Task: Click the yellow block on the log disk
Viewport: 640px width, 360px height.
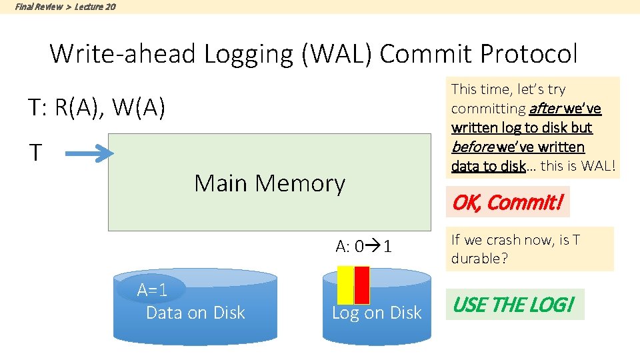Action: (345, 285)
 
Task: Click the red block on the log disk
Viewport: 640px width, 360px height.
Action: (361, 285)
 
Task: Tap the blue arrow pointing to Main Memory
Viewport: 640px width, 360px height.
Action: (89, 153)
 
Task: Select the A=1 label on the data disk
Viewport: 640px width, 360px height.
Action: (152, 290)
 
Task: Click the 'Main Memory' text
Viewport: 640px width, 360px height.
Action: (269, 183)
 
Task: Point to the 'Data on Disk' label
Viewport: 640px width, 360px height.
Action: (195, 313)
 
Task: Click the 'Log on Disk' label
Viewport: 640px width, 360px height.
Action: (376, 313)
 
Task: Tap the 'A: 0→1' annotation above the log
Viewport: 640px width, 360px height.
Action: (364, 246)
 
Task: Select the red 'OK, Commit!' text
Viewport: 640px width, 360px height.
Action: (508, 202)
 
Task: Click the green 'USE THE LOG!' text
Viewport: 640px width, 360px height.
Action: (514, 305)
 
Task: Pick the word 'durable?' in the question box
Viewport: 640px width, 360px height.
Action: (479, 259)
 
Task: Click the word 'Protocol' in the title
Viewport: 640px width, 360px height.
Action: (529, 53)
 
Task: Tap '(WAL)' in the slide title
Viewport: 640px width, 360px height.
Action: (337, 54)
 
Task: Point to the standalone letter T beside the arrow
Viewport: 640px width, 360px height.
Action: (35, 152)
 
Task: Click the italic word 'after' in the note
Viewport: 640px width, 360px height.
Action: (546, 109)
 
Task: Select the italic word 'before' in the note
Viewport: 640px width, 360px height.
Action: (473, 147)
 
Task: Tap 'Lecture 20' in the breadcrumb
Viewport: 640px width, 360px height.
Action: (95, 7)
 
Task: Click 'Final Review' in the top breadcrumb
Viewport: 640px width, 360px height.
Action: (39, 7)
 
